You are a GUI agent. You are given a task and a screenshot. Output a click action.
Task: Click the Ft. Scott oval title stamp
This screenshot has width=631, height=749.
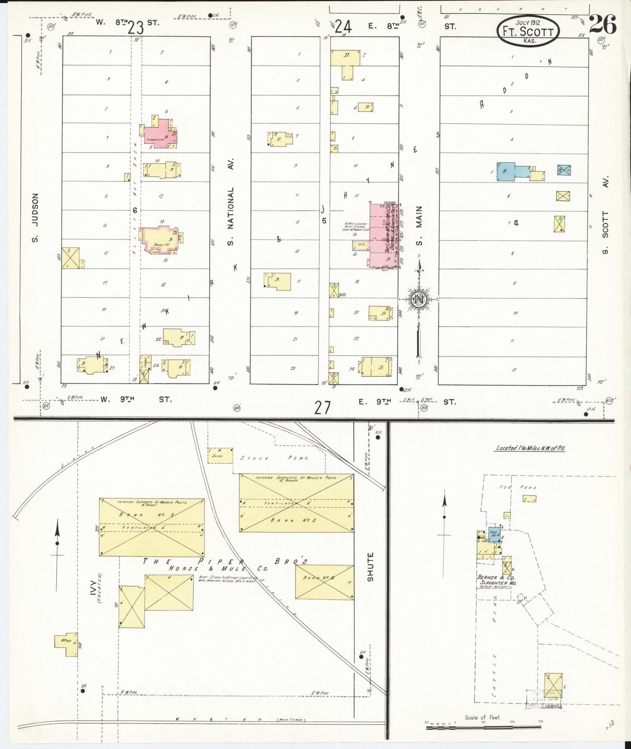pos(528,31)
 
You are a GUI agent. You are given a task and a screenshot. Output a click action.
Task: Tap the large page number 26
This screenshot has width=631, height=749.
pos(603,24)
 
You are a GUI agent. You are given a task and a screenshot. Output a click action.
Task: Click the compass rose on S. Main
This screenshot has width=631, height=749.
pos(418,299)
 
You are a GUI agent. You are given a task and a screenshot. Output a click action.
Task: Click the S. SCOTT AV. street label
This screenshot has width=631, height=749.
pos(605,215)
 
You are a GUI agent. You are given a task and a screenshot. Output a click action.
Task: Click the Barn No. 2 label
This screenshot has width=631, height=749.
pos(151,515)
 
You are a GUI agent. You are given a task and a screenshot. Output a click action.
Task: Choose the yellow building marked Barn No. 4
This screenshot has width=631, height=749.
pos(324,582)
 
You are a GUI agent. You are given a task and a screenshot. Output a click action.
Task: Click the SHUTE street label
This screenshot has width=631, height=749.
pos(370,567)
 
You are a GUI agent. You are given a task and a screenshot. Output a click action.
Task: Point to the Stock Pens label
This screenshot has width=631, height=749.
pos(275,458)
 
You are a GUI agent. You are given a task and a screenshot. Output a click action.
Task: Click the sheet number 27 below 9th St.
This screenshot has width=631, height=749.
pos(322,408)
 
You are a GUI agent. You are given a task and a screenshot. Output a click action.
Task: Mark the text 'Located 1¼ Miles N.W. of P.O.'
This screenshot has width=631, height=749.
pos(530,448)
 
